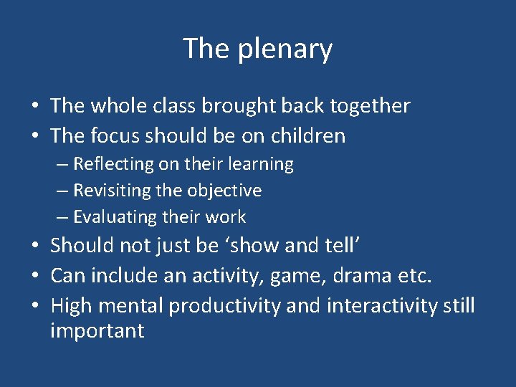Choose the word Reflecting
[x=113, y=164]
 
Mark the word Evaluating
[x=115, y=216]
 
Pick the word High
[x=72, y=306]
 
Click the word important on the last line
[x=97, y=330]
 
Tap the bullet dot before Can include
[x=34, y=276]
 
